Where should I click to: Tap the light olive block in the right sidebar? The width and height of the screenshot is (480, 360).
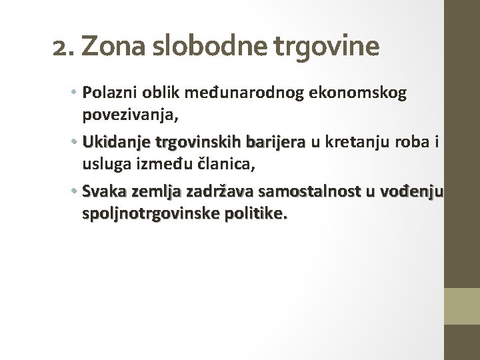463,306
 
